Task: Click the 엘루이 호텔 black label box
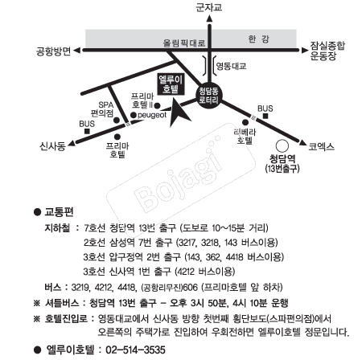[x=171, y=84]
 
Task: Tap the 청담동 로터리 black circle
[x=209, y=96]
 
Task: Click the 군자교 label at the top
[x=209, y=7]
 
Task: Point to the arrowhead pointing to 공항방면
[x=77, y=50]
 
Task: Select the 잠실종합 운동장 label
[x=327, y=51]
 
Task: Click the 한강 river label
[x=258, y=39]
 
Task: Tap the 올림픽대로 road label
[x=184, y=43]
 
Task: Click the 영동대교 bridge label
[x=231, y=66]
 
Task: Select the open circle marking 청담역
[x=282, y=146]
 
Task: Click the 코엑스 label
[x=322, y=146]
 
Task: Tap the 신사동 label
[x=52, y=146]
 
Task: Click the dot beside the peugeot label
[x=134, y=115]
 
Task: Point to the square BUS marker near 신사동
[x=87, y=131]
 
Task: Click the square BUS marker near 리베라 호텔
[x=265, y=116]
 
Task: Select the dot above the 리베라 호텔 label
[x=245, y=122]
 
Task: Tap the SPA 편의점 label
[x=102, y=109]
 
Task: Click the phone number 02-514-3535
[x=135, y=350]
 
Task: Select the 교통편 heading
[x=59, y=212]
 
